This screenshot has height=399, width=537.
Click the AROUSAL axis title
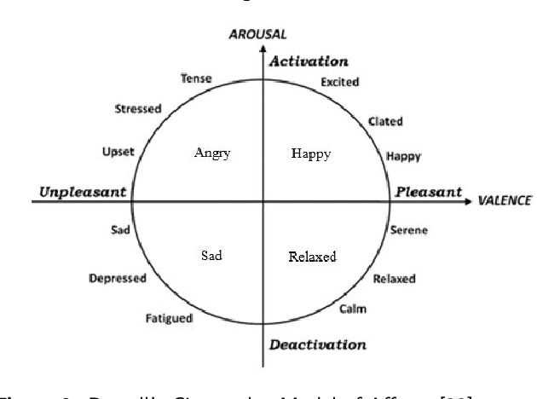coord(257,34)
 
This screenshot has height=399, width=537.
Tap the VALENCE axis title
coord(505,200)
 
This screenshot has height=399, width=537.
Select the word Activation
coord(309,61)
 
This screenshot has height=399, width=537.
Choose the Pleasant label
coord(428,192)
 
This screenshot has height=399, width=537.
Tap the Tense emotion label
coord(196,79)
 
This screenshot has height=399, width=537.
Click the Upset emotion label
coord(118,152)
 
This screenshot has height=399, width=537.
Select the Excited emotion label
coord(339,82)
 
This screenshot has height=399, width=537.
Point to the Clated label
coord(385,121)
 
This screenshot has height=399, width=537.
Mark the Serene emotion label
coord(408,230)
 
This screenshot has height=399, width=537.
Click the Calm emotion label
coord(353,309)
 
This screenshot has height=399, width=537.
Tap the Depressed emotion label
coord(118,278)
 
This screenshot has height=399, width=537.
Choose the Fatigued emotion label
coord(169,319)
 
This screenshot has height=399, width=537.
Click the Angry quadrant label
coord(213,153)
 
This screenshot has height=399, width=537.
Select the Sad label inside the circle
coord(211,255)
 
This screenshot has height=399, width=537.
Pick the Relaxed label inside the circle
coord(312,257)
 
